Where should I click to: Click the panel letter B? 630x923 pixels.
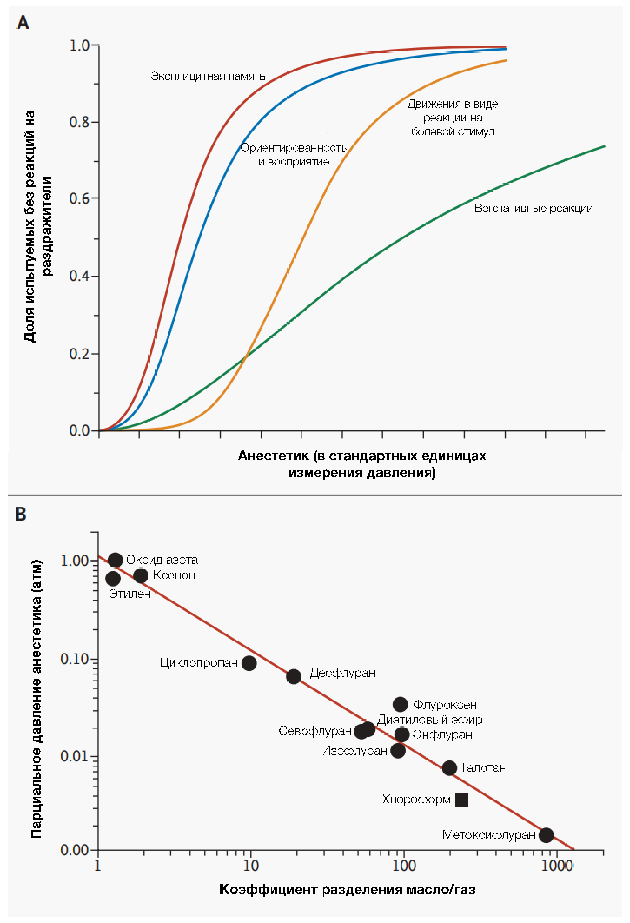[x=21, y=514]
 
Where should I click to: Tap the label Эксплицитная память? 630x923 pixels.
[x=208, y=76]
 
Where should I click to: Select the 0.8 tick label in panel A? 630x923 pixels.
[x=80, y=122]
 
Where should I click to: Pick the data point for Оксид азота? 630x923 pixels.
[x=115, y=560]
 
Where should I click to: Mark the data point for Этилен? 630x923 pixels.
[x=113, y=579]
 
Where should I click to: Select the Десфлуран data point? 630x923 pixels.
[x=294, y=676]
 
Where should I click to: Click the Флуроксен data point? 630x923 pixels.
[x=400, y=704]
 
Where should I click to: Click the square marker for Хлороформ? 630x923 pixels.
[x=462, y=800]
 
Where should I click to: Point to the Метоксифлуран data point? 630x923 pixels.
[x=546, y=835]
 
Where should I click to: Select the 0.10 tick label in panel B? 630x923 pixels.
[x=74, y=659]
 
